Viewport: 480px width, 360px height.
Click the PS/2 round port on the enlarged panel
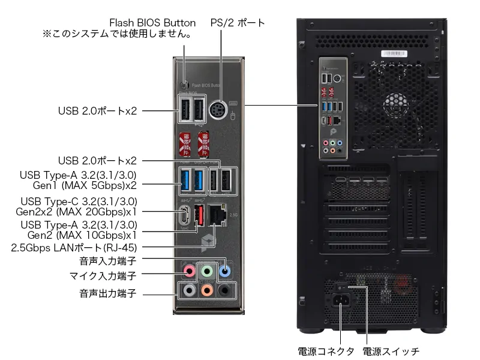click(x=218, y=110)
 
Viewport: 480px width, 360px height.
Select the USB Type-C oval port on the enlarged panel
click(x=185, y=215)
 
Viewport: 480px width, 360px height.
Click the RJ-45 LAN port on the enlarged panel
click(x=217, y=215)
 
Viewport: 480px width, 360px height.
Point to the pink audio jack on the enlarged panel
click(x=189, y=271)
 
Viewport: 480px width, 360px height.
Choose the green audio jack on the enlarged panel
click(x=207, y=271)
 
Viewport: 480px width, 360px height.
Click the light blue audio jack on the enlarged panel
click(x=224, y=271)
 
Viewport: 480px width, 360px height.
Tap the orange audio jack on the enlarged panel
click(x=207, y=290)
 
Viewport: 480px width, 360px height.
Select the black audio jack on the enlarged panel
click(x=224, y=290)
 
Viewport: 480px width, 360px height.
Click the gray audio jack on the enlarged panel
click(x=189, y=290)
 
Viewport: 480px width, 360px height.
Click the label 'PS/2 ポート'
click(x=237, y=23)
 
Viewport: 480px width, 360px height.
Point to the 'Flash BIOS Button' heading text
click(x=152, y=23)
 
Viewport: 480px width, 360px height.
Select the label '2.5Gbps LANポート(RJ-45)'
click(x=74, y=248)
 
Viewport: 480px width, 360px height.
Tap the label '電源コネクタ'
click(x=326, y=352)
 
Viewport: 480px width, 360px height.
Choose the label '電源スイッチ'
click(x=391, y=352)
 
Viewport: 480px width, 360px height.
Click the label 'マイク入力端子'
click(x=103, y=276)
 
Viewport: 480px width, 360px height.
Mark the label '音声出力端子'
click(x=108, y=293)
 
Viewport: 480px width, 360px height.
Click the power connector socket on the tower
click(x=341, y=300)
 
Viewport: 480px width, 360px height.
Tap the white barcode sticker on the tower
click(x=394, y=54)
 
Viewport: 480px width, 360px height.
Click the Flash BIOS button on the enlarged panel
click(x=184, y=84)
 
